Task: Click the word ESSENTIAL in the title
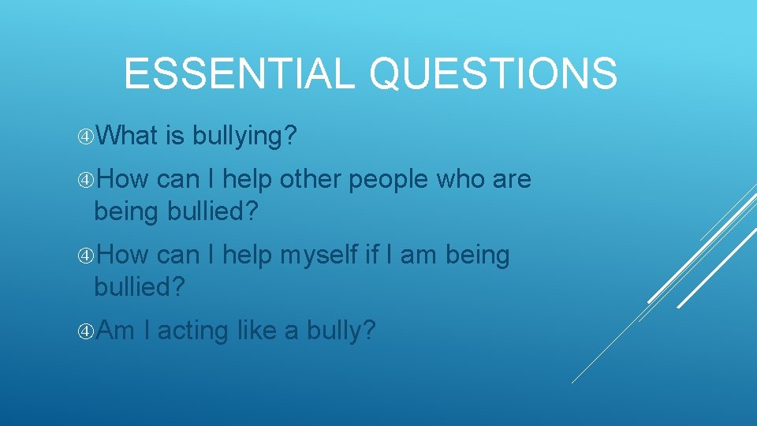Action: [x=240, y=73]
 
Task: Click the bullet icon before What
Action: [x=86, y=137]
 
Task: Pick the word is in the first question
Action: [x=174, y=136]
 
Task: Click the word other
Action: [x=308, y=179]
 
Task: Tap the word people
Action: [x=390, y=181]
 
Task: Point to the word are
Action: [x=513, y=181]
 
